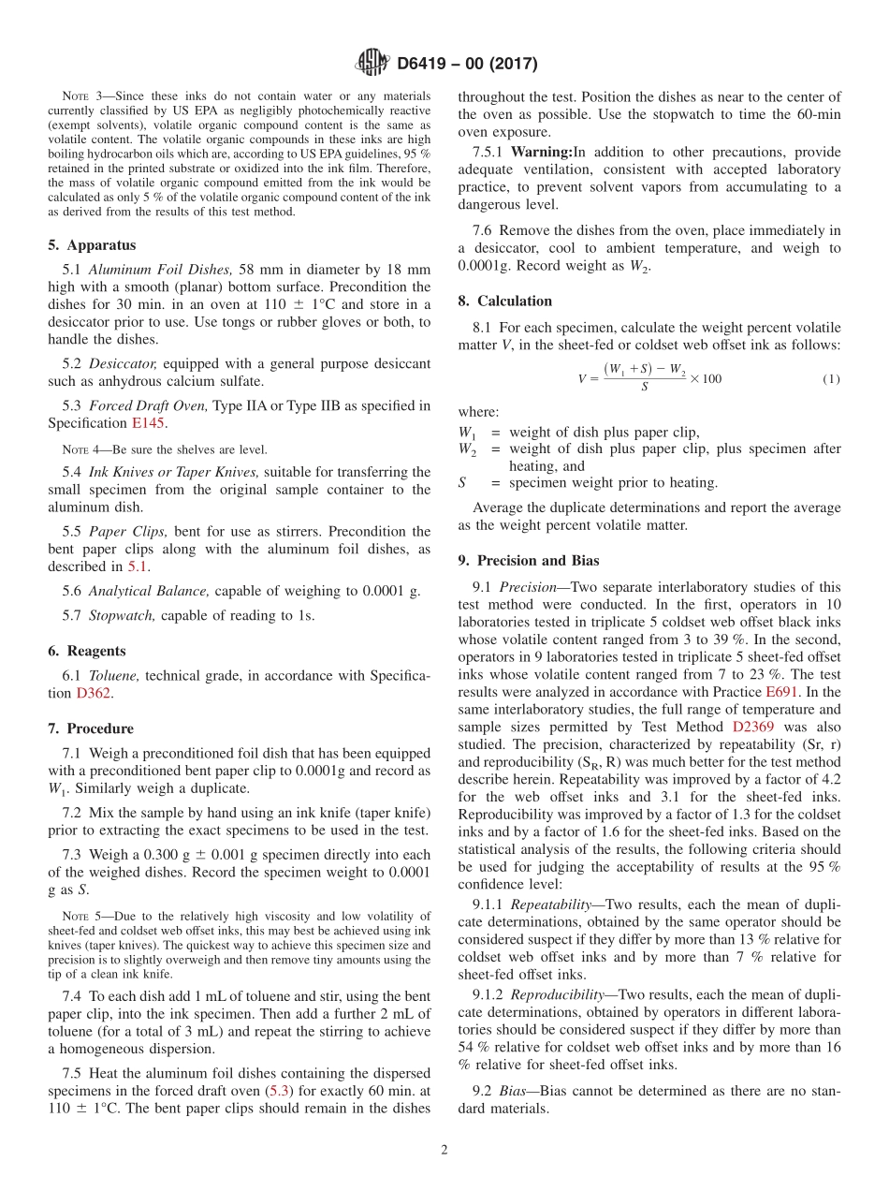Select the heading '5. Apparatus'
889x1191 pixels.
pos(92,245)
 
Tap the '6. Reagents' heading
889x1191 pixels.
pos(87,651)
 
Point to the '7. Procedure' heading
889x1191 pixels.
pos(91,728)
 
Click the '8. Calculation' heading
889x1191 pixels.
pos(504,301)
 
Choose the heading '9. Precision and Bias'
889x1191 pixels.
pos(529,561)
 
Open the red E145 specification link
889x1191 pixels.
pos(147,423)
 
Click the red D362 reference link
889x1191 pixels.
pos(93,694)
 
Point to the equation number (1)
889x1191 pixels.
pos(831,379)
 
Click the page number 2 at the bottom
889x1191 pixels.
pos(444,1151)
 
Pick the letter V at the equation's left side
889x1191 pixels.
pos(582,379)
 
